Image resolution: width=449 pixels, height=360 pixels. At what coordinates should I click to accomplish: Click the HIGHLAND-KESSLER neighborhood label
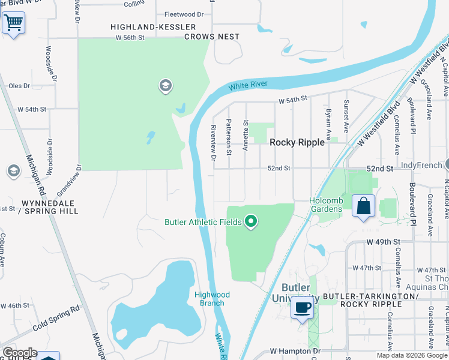(x=153, y=27)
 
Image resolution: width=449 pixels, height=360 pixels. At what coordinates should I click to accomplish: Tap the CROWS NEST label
(x=211, y=37)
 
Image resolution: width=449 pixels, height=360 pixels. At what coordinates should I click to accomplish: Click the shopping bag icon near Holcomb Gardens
(x=363, y=206)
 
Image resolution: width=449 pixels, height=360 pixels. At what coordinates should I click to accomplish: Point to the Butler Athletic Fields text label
(x=203, y=223)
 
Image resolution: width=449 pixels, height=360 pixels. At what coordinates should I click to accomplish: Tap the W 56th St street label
(x=131, y=37)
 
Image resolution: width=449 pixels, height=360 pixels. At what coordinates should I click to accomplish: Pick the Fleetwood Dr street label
(x=184, y=13)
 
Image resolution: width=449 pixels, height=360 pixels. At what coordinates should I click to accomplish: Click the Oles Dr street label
(x=19, y=86)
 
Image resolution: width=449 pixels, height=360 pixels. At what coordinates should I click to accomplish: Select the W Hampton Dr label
(x=295, y=350)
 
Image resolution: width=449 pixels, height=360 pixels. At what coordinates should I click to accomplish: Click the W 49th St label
(x=383, y=242)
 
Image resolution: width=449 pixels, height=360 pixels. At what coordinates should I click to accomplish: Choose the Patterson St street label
(x=229, y=137)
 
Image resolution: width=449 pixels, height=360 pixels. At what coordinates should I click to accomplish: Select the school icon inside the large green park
(x=165, y=86)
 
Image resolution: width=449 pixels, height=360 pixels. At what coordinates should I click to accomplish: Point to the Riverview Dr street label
(x=213, y=143)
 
